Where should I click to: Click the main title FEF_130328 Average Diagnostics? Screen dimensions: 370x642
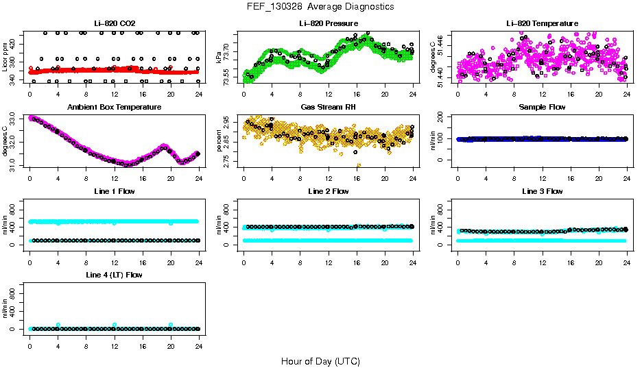(321, 6)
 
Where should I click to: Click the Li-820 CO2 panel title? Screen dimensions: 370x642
(114, 23)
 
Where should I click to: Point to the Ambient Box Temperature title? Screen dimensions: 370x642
(114, 107)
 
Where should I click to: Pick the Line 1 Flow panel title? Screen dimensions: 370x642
(114, 191)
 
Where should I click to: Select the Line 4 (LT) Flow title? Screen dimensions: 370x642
(114, 275)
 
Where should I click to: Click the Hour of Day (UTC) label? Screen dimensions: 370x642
(320, 361)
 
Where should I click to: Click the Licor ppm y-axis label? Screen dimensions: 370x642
(6, 58)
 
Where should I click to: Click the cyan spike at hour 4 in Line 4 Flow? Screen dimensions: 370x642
(58, 325)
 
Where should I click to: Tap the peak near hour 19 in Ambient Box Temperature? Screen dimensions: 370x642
(164, 146)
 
